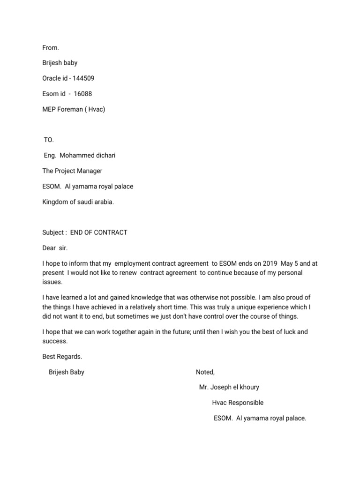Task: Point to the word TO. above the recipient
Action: pos(49,140)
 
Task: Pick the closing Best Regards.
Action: pos(62,357)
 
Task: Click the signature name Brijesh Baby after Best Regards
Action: pos(67,372)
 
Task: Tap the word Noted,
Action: pos(205,372)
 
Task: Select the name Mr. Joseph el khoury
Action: pos(229,387)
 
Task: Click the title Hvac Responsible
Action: pos(238,403)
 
